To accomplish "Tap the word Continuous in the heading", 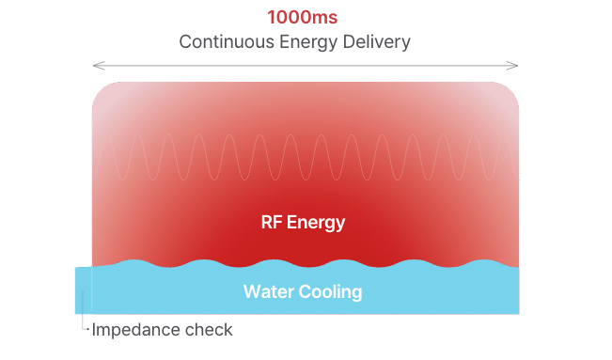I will tap(222, 42).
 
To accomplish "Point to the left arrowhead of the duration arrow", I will tap(95, 66).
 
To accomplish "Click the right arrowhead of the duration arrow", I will tap(516, 66).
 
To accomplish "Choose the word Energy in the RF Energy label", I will tap(316, 224).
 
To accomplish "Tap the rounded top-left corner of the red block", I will tap(99, 90).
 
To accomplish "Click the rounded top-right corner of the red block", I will tap(511, 90).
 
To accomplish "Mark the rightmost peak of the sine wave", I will tap(503, 138).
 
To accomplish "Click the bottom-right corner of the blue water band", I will tap(517, 313).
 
